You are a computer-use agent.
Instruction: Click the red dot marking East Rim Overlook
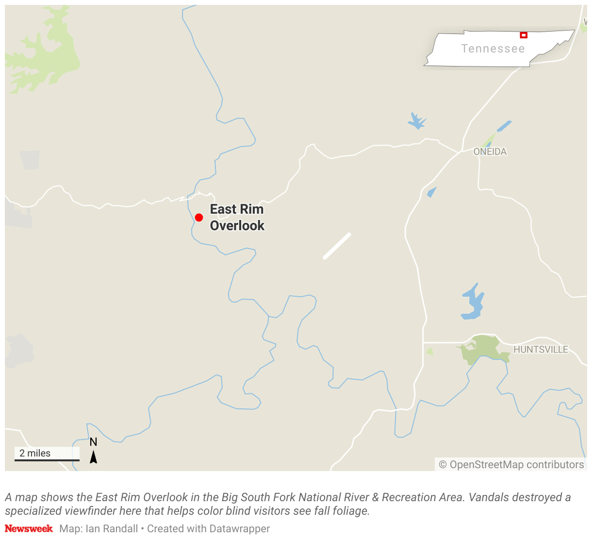[x=199, y=218]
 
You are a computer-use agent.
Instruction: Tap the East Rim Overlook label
[x=237, y=218]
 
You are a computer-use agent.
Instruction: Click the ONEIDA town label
[x=490, y=152]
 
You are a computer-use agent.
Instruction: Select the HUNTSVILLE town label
[x=541, y=350]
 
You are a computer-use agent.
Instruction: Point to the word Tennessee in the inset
[x=493, y=49]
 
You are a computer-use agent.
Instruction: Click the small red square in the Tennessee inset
[x=524, y=35]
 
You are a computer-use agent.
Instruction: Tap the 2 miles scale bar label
[x=35, y=453]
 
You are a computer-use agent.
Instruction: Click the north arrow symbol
[x=94, y=457]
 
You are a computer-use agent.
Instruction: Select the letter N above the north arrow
[x=94, y=442]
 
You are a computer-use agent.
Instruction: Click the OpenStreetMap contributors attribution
[x=511, y=465]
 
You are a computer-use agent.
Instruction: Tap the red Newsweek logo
[x=29, y=528]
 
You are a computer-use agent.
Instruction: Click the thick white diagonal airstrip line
[x=337, y=246]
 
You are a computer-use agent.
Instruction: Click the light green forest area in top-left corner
[x=46, y=53]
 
